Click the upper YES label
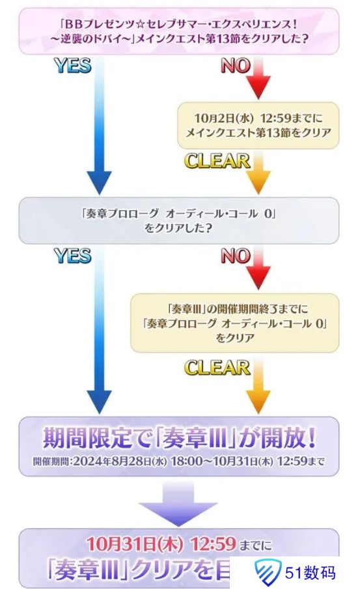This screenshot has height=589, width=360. pos(72,66)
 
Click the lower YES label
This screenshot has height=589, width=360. pos(72,256)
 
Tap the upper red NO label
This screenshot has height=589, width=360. pos(236,66)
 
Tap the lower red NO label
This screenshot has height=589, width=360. pos(236,256)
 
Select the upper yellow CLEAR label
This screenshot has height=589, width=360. pos(217,160)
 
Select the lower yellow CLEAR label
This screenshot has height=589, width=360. pos(217,368)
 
